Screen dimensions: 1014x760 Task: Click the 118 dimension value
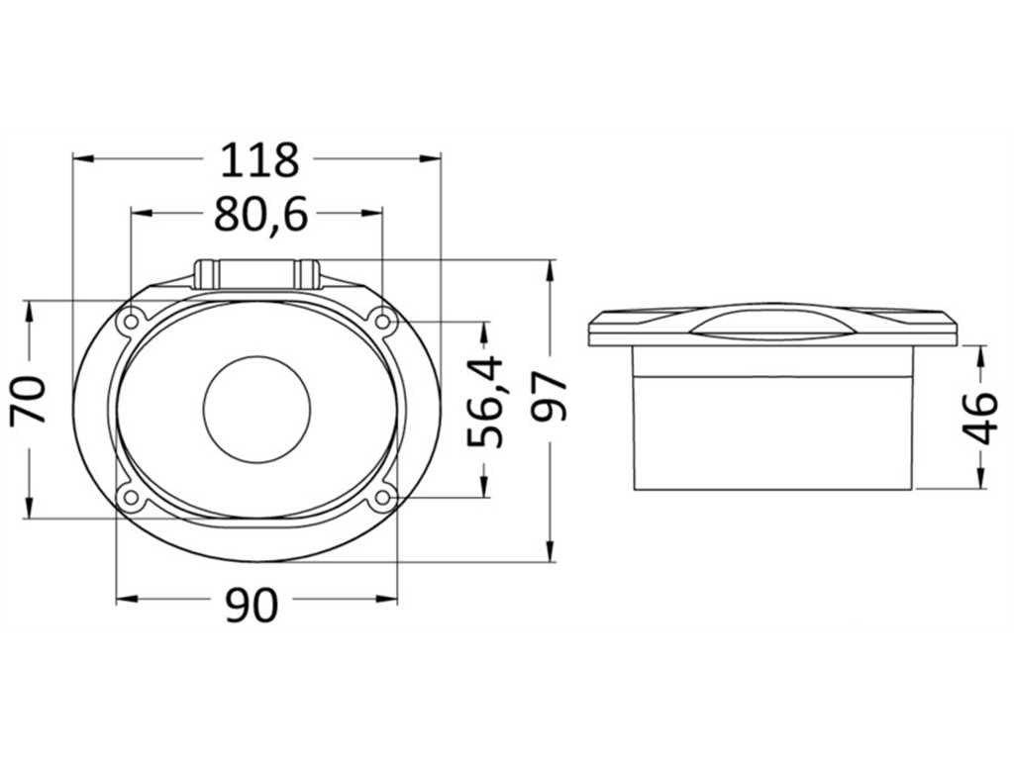coord(260,160)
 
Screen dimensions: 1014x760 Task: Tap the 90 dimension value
coord(253,605)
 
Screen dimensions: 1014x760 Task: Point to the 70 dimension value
coord(29,400)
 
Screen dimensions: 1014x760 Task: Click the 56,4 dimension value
coord(485,402)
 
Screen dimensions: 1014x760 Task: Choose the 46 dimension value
coord(981,419)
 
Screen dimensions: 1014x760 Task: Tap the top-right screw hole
coord(383,322)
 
